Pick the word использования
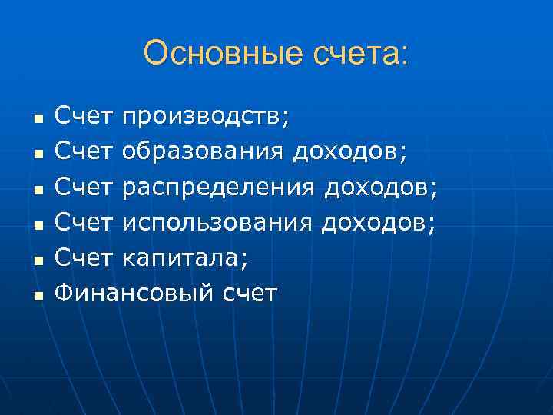point(218,222)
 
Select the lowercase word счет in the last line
point(249,292)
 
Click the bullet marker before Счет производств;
point(38,120)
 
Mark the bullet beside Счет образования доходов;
point(38,154)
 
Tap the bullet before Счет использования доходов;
point(38,224)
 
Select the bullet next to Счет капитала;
point(38,260)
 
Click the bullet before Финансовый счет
point(38,294)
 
